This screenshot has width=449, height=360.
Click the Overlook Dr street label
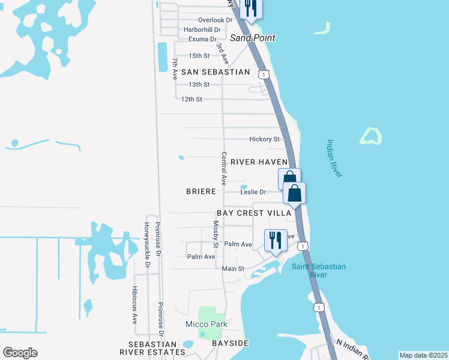coord(215,20)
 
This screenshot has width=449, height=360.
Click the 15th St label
coord(199,56)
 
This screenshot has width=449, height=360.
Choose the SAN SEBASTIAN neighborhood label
coord(207,72)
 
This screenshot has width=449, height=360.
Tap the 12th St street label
coord(191,99)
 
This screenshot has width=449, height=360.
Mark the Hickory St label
coord(264,139)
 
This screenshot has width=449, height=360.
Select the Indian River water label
coord(334,158)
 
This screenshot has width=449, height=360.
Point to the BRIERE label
coord(201,191)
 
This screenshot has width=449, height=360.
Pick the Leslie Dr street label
coord(253,192)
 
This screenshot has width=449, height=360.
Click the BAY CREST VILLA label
coord(254,214)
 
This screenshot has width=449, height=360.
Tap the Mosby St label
coord(215,234)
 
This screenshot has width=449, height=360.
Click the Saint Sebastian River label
coord(319,271)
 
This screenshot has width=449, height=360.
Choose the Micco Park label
coord(206,325)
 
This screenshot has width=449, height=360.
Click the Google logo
coord(20,353)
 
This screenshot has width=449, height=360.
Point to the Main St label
coord(233,269)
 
